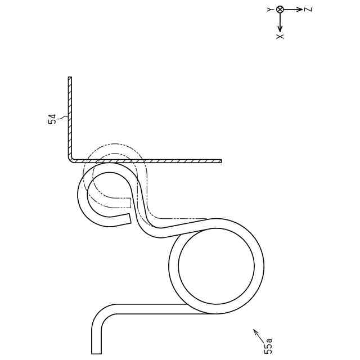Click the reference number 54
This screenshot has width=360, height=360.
coord(52,119)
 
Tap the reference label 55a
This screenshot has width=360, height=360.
coord(268,345)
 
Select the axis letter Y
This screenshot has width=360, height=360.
coord(270,10)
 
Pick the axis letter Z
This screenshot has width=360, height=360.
coord(308,10)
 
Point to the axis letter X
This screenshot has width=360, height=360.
coord(280,36)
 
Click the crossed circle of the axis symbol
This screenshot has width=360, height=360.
coord(280,10)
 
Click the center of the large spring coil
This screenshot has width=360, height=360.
coord(216,266)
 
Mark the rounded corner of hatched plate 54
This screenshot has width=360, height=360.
coord(71,159)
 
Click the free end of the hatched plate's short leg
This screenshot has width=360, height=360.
coord(70,78)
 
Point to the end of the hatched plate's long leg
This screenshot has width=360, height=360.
coord(220,161)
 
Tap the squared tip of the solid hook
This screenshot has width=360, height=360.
coord(129,218)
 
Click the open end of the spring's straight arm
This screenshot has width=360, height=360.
coord(96,353)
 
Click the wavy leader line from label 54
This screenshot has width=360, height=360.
coord(62,118)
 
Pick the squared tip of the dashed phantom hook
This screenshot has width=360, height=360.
coord(130,202)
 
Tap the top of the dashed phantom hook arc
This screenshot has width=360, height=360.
coord(115,145)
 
